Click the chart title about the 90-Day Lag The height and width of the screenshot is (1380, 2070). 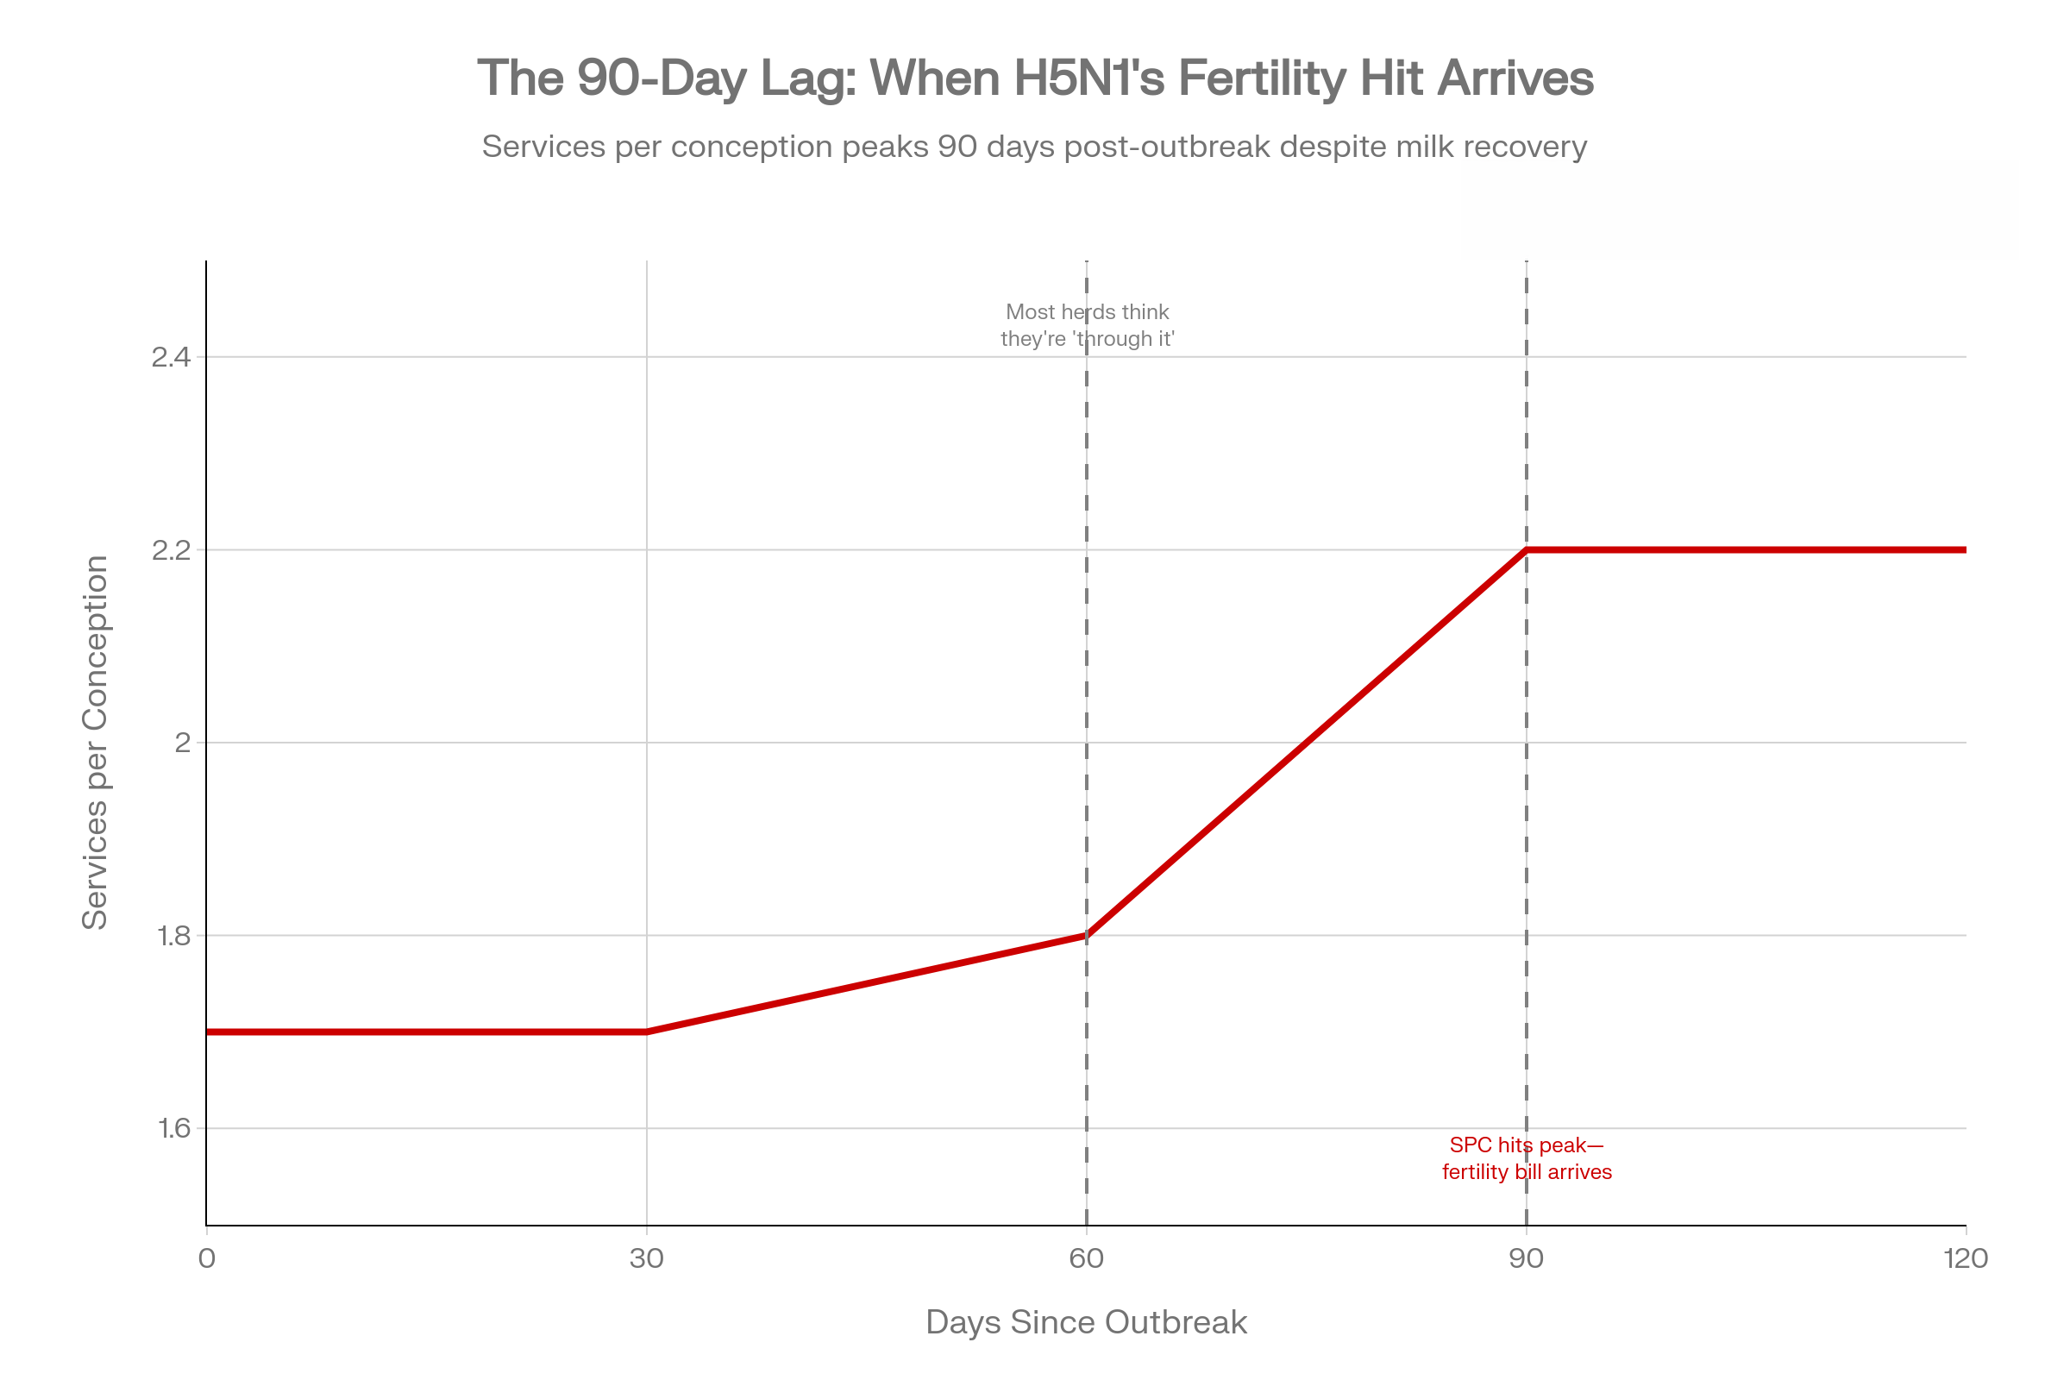(1035, 78)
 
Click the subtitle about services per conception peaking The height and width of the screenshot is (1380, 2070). (1034, 146)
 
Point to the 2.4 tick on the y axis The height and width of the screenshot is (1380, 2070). (171, 357)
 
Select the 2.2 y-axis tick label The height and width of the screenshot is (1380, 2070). (171, 550)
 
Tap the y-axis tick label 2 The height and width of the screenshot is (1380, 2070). (182, 743)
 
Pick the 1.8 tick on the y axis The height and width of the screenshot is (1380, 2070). (172, 936)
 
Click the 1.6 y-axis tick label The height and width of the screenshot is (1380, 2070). (172, 1128)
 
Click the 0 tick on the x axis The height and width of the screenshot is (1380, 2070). (207, 1258)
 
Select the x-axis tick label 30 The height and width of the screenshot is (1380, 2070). (647, 1258)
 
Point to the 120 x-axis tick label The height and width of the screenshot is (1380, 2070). (1966, 1258)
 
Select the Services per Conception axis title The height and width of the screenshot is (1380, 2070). (95, 742)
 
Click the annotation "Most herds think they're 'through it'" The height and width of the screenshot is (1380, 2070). (1087, 326)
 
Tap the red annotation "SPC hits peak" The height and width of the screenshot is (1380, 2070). (1527, 1158)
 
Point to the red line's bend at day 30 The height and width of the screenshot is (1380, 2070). (647, 1032)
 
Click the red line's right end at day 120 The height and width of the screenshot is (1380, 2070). (1964, 550)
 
